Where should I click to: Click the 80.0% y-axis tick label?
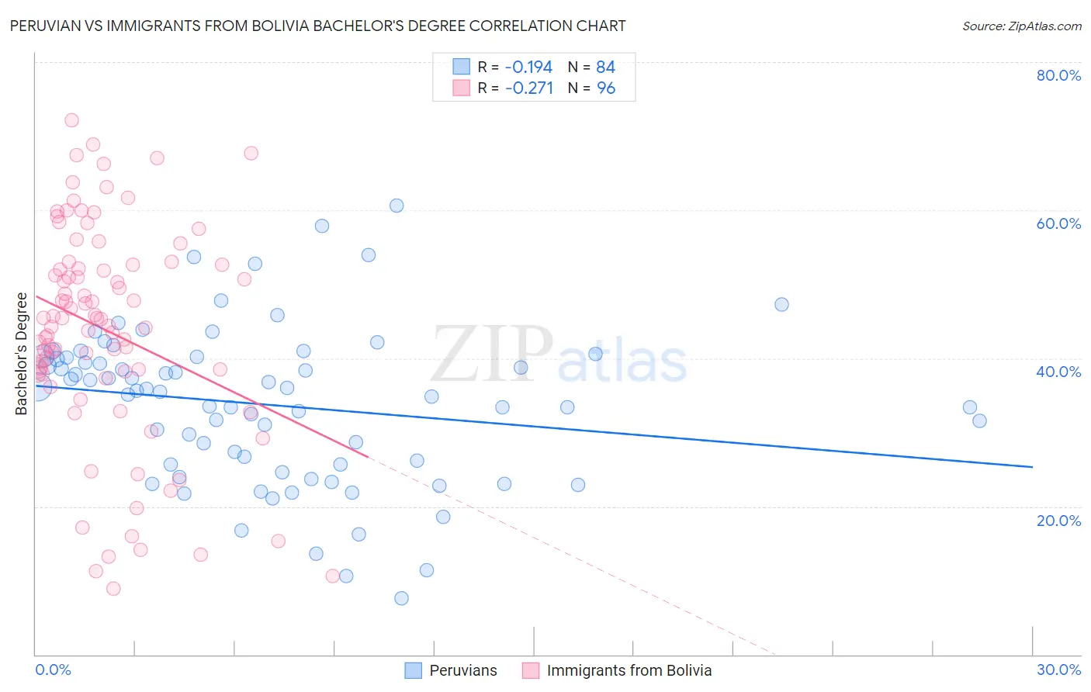coord(1058,75)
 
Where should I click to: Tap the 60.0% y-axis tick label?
coord(1058,223)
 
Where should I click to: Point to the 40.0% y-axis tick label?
coord(1058,372)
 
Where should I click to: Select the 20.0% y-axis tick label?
coord(1058,520)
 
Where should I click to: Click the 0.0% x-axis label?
coord(53,670)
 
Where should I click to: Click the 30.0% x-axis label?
coord(1058,670)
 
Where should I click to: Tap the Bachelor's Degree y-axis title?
coord(22,354)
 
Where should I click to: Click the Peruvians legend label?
coord(463,670)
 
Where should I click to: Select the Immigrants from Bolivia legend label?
coord(629,670)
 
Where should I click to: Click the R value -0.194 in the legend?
coord(528,67)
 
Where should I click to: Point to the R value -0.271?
coord(528,88)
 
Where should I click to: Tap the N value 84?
coord(605,67)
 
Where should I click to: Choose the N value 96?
coord(605,88)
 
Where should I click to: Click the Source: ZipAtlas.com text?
coord(1021,26)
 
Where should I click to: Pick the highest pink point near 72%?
coord(71,120)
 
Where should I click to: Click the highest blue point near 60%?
coord(397,206)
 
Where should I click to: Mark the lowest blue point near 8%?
coord(401,598)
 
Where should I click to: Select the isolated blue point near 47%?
coord(781,304)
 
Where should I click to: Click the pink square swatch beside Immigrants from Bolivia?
coord(531,670)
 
